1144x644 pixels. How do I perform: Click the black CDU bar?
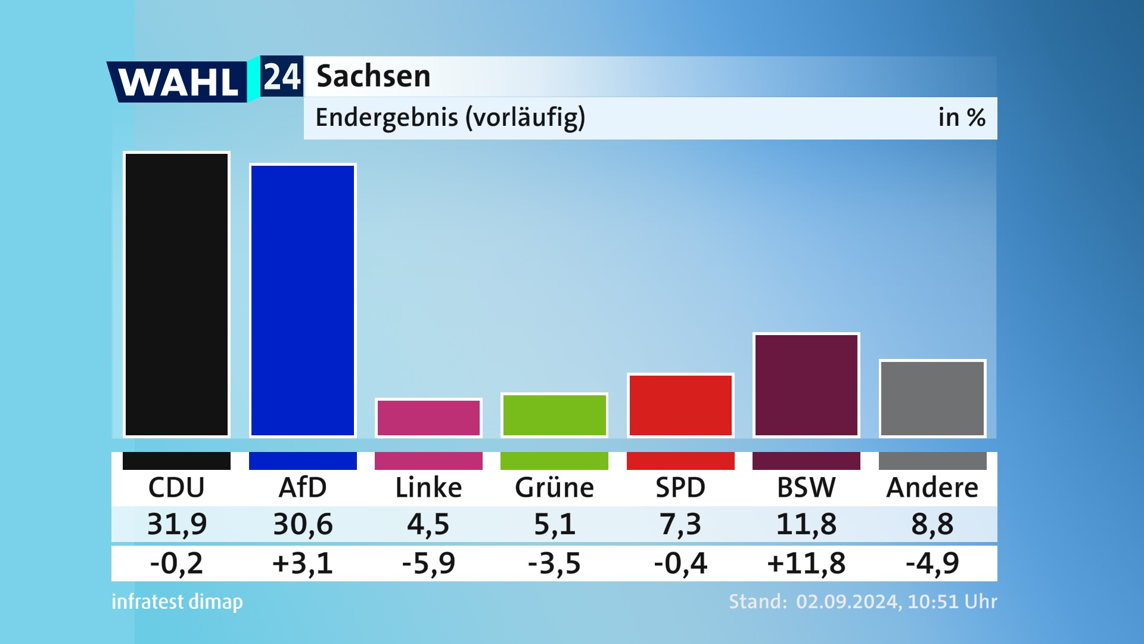tap(176, 295)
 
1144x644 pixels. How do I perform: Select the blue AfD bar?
tap(303, 301)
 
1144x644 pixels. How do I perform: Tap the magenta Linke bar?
tap(428, 418)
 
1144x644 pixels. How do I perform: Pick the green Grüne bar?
tap(554, 415)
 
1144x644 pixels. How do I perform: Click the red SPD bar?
tap(680, 405)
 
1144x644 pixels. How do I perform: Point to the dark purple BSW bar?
tap(806, 385)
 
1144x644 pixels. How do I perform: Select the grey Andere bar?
tap(932, 398)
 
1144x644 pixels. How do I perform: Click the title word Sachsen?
tap(373, 76)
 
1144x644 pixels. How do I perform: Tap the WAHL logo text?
tap(178, 82)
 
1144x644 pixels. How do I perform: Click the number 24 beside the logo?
tap(282, 76)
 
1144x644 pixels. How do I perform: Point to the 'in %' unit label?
tap(961, 117)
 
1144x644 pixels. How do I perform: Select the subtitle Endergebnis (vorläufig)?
tap(450, 117)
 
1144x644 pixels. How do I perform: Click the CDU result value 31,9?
tap(176, 524)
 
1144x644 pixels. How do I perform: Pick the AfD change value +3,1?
tap(303, 563)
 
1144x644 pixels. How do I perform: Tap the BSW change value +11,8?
tap(806, 563)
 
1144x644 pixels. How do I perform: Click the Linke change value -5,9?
tap(428, 563)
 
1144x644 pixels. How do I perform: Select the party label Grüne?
tap(554, 488)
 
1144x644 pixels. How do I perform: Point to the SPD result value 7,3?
tap(680, 524)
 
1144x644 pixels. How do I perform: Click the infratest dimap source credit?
tap(177, 602)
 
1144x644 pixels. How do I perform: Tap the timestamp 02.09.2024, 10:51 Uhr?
tap(896, 602)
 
